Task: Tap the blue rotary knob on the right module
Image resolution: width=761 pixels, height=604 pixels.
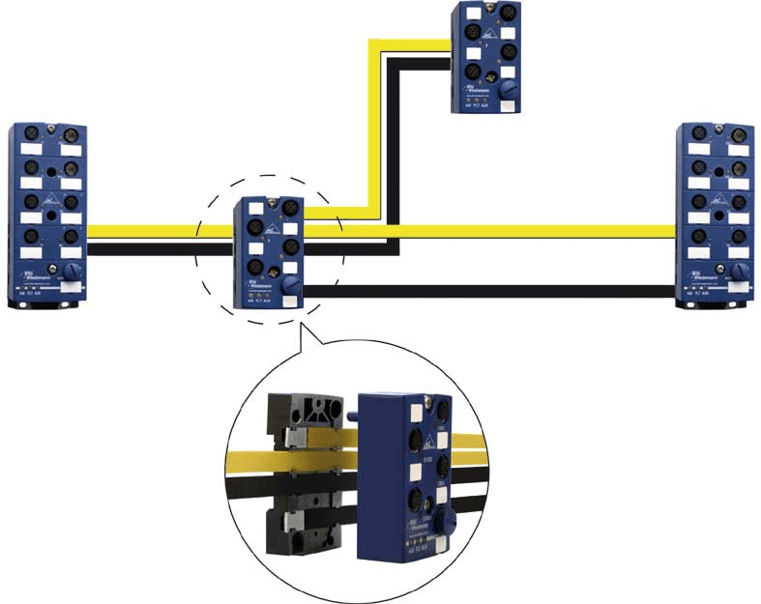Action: tap(740, 272)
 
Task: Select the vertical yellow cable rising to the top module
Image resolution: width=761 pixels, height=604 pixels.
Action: tap(373, 126)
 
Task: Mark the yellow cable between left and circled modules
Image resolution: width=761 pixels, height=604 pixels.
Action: tap(160, 231)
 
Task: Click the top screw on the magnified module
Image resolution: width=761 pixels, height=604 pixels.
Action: tap(424, 396)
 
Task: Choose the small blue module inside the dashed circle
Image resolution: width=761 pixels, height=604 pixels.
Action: tap(270, 251)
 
